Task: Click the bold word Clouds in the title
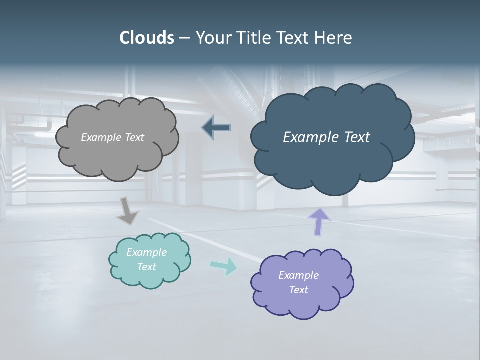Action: pyautogui.click(x=146, y=38)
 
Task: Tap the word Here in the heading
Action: pyautogui.click(x=333, y=38)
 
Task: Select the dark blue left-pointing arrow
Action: pyautogui.click(x=216, y=128)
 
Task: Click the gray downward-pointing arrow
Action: pyautogui.click(x=127, y=211)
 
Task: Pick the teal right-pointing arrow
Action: pyautogui.click(x=223, y=266)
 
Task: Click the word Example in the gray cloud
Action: pyautogui.click(x=100, y=137)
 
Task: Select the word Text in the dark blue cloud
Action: pyautogui.click(x=357, y=137)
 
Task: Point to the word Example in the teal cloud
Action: pyautogui.click(x=146, y=252)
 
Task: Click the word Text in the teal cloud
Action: pyautogui.click(x=146, y=267)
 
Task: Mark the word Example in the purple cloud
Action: pyautogui.click(x=298, y=275)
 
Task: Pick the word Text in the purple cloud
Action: pyautogui.click(x=298, y=290)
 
